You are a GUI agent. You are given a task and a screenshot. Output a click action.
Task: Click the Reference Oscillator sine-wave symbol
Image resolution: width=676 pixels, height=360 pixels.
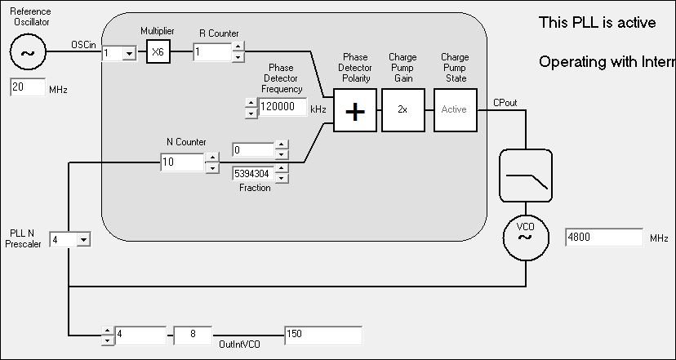pos(29,53)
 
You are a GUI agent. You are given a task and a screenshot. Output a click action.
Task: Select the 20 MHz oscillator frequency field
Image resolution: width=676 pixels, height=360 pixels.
pos(28,88)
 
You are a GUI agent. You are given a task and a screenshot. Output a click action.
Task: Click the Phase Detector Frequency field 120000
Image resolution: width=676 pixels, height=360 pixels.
pos(282,107)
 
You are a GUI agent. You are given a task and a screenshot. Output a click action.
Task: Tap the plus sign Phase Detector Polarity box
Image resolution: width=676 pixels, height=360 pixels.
pos(354,109)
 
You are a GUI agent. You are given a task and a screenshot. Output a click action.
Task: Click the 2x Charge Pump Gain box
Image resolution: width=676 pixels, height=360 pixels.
pos(402,109)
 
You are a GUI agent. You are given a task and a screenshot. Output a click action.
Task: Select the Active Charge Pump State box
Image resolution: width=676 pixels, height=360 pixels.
pos(453,109)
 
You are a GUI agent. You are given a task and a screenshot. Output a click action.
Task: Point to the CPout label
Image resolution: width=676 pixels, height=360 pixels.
pos(504,103)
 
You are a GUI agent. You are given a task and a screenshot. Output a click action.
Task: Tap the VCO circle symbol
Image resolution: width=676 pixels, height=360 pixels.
pos(525,237)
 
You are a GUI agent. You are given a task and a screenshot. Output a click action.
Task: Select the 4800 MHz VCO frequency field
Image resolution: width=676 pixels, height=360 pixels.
pos(603,238)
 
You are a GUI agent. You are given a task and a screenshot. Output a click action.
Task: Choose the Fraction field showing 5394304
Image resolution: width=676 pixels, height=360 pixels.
pos(252,173)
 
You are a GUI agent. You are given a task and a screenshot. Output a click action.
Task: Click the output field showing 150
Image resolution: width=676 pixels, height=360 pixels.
pos(322,335)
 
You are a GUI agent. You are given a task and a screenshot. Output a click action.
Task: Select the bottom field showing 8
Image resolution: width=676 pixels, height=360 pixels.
pos(193,335)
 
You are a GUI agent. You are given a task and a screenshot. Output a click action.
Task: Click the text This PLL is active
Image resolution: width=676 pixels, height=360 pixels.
pos(597,23)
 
